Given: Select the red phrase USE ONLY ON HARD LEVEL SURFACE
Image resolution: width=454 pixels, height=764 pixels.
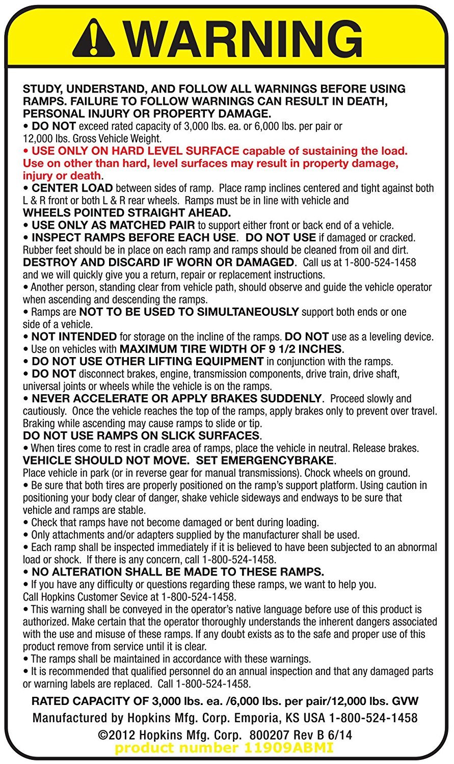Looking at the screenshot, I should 135,151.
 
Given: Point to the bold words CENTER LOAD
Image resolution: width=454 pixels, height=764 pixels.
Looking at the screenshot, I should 72,188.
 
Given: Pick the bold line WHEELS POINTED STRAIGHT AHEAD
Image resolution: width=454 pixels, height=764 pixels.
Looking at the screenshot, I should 127,212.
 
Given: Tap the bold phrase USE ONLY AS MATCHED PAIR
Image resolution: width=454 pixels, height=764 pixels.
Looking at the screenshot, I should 113,225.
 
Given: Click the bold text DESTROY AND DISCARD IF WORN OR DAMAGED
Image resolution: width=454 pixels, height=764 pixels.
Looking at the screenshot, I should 159,262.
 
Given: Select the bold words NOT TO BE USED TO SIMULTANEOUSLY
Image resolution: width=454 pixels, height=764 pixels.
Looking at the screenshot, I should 189,312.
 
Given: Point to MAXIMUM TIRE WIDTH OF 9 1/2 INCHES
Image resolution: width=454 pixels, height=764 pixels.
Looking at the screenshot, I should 231,349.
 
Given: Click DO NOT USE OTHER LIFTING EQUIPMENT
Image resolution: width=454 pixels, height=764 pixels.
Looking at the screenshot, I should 147,361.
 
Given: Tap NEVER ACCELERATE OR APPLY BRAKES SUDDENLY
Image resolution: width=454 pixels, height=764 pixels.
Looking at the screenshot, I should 177,398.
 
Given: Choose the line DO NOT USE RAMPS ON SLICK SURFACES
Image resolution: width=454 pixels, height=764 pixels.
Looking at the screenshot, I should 141,435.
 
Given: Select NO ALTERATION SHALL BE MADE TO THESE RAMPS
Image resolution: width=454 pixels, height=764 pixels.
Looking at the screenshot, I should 178,572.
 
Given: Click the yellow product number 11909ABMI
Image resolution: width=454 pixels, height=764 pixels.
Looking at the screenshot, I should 224,748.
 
